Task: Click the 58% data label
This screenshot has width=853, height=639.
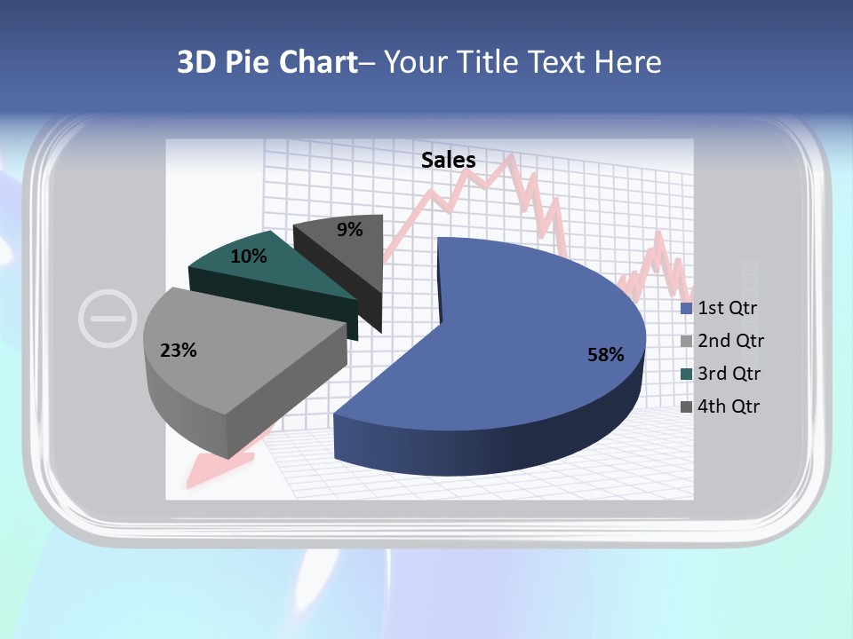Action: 606,355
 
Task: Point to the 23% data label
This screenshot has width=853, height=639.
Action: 178,351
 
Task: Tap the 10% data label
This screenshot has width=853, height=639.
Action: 248,256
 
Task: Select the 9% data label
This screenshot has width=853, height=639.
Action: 350,230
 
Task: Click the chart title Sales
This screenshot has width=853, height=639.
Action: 449,160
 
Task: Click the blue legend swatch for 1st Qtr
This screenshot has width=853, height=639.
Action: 687,309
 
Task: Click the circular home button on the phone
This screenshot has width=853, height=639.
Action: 108,317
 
